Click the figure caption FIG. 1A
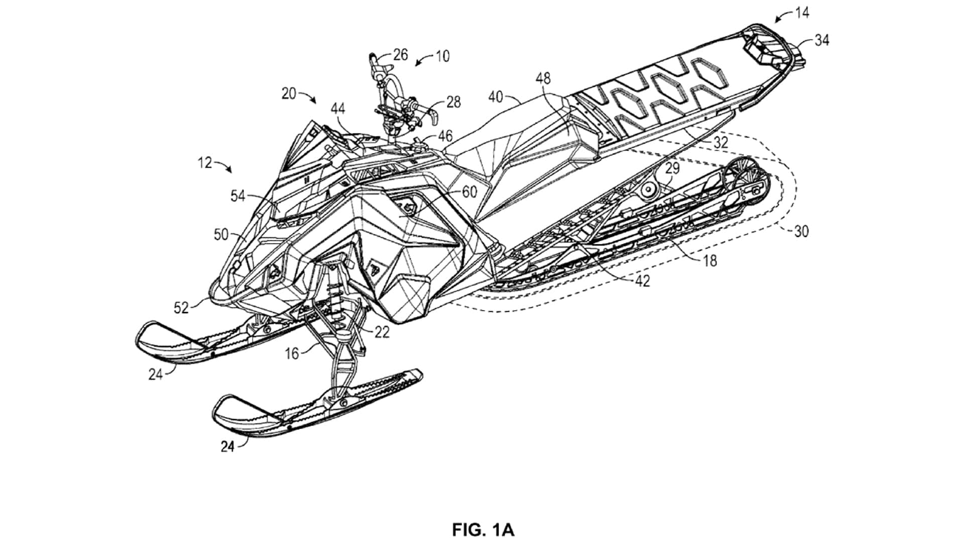[x=483, y=529]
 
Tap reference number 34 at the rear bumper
[x=821, y=40]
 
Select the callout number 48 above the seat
[x=543, y=78]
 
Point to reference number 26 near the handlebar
[x=400, y=54]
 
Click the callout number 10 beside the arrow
[x=442, y=56]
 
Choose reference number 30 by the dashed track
[x=801, y=231]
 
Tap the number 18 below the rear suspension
[x=710, y=260]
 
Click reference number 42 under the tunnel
[x=642, y=281]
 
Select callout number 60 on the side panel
[x=469, y=191]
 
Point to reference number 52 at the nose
[x=181, y=308]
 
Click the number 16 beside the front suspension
[x=292, y=354]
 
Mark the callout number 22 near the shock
[x=382, y=332]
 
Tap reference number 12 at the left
[x=205, y=163]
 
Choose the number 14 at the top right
[x=802, y=13]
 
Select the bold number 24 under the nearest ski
[x=228, y=446]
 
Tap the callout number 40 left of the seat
[x=496, y=96]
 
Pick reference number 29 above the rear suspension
[x=672, y=168]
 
